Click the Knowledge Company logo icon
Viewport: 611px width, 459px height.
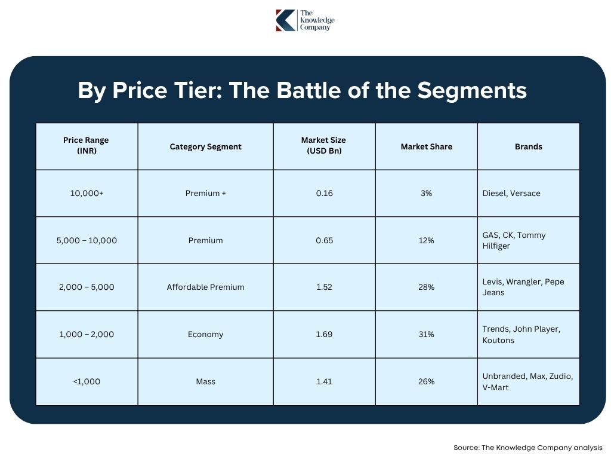(286, 20)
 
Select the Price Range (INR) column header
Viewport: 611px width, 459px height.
(87, 146)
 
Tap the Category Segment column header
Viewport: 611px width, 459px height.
(205, 146)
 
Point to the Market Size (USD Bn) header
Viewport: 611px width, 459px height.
(324, 146)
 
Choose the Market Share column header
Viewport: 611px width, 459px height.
(426, 146)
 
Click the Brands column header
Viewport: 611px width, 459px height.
(528, 146)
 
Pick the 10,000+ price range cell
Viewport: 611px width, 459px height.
(87, 194)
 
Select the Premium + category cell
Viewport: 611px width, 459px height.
(205, 194)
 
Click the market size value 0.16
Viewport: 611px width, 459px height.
(324, 194)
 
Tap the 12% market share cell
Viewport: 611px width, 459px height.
(426, 240)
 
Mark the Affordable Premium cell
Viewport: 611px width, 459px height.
(205, 287)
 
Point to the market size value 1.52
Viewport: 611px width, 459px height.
(324, 287)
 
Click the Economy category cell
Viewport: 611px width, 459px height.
(205, 334)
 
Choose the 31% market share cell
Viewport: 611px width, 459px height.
(426, 334)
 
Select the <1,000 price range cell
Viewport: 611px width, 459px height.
(87, 381)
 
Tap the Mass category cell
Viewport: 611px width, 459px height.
(205, 381)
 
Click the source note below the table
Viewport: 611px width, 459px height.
(527, 447)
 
